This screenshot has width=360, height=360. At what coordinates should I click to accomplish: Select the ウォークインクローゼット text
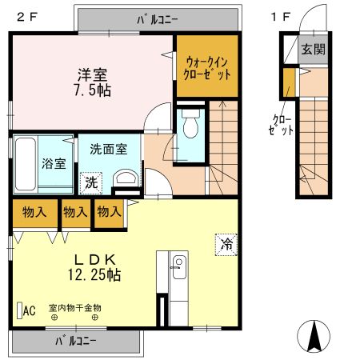208,66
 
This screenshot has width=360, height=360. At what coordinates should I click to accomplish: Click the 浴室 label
53,162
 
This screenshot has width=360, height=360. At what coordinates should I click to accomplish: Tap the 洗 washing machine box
92,182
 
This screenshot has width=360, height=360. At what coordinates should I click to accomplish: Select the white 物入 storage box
75,212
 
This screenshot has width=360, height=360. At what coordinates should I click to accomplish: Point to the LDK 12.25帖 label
97,267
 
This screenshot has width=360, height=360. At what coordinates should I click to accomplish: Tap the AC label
28,310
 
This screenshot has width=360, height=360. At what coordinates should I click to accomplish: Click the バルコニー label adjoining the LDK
76,341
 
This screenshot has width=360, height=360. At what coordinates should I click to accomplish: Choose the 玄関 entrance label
313,50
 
